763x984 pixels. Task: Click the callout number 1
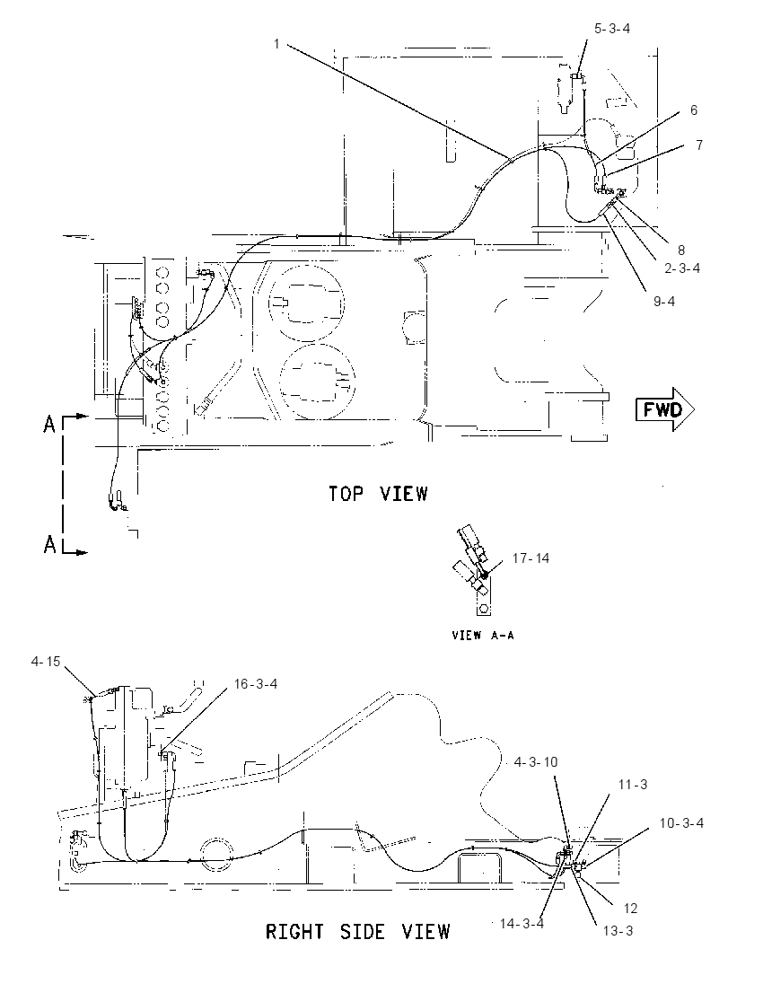click(276, 44)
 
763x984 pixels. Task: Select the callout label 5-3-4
click(612, 28)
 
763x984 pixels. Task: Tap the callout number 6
click(693, 110)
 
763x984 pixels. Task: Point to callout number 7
click(699, 145)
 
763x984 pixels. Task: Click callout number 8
click(680, 250)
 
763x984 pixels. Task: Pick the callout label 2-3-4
click(682, 268)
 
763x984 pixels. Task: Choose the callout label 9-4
click(664, 302)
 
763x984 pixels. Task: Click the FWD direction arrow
click(665, 409)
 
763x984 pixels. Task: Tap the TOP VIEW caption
click(379, 494)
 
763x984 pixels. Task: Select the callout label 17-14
click(531, 558)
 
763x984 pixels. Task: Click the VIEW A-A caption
click(483, 635)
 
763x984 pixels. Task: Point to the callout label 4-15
click(46, 662)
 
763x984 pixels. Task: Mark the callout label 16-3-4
click(256, 684)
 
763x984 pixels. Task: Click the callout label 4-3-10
click(536, 762)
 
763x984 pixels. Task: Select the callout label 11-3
click(633, 785)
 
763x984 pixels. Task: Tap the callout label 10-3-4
click(681, 822)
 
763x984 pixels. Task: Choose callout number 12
click(630, 908)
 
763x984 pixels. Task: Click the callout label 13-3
click(618, 931)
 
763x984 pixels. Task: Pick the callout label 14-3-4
click(522, 923)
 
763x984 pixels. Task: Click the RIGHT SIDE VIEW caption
click(357, 931)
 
